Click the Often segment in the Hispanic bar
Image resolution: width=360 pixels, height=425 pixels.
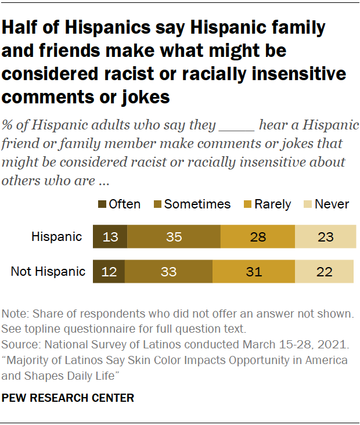click(110, 237)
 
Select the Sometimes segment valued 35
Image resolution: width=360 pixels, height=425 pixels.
click(174, 237)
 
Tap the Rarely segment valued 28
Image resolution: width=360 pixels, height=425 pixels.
click(258, 237)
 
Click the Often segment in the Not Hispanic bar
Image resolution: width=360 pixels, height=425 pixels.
click(109, 271)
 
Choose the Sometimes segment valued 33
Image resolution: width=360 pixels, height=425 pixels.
click(168, 271)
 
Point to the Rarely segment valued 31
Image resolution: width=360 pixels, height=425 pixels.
click(254, 271)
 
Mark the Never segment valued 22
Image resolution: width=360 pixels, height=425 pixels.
click(325, 271)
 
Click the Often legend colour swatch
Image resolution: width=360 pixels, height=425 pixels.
click(103, 204)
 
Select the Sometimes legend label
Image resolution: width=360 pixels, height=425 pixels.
click(197, 204)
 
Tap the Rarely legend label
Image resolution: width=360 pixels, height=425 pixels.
click(272, 204)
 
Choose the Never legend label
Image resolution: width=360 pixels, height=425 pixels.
click(332, 204)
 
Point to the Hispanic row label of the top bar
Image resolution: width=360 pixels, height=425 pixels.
click(57, 237)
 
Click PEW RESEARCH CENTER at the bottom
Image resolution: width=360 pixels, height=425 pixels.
click(69, 398)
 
